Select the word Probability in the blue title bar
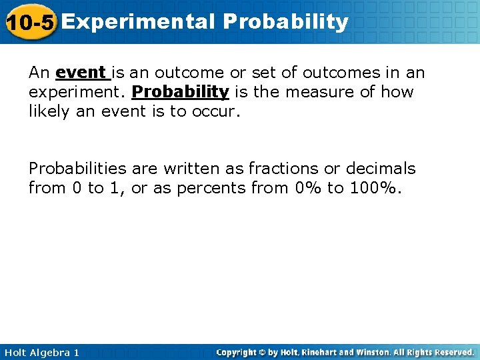[285, 22]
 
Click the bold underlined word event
[81, 72]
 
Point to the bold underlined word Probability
[180, 92]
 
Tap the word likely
[48, 111]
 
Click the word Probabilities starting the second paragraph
[77, 169]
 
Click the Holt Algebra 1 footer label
[41, 352]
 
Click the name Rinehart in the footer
[323, 352]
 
